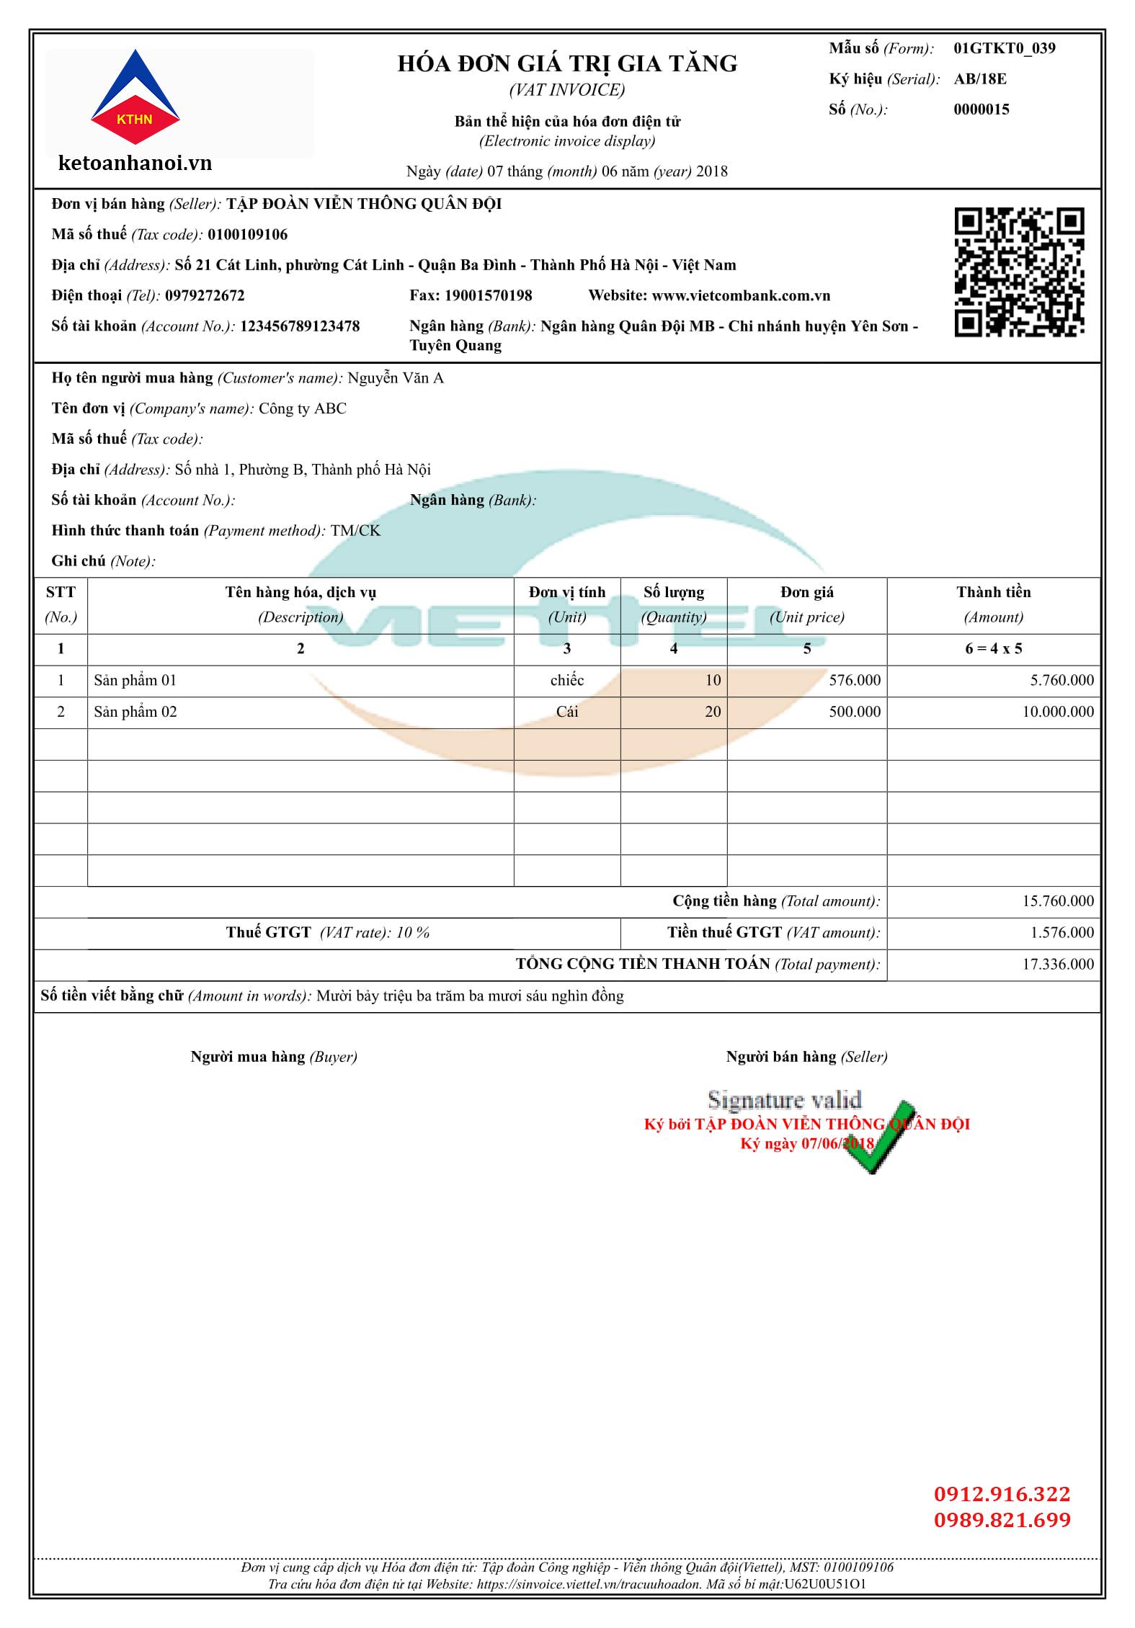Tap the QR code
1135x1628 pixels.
pyautogui.click(x=1019, y=272)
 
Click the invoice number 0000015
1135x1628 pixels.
pyautogui.click(x=981, y=109)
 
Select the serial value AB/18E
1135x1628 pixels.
pyautogui.click(x=979, y=79)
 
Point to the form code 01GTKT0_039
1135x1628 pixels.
pyautogui.click(x=1004, y=48)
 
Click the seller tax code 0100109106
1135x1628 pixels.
pyautogui.click(x=247, y=235)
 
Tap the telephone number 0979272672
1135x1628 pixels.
pyautogui.click(x=205, y=296)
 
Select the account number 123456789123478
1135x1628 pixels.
pyautogui.click(x=299, y=326)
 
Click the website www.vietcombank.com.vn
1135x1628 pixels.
pyautogui.click(x=741, y=296)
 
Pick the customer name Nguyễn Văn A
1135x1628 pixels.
pyautogui.click(x=395, y=378)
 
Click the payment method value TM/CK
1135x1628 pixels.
pyautogui.click(x=355, y=531)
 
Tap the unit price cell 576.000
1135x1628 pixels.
pyautogui.click(x=854, y=680)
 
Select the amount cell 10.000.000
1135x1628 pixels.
pyautogui.click(x=1057, y=712)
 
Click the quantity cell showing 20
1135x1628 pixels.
pyautogui.click(x=712, y=712)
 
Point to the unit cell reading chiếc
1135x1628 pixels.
pyautogui.click(x=567, y=680)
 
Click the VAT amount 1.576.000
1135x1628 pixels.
pyautogui.click(x=1061, y=932)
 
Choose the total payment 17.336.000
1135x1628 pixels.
pyautogui.click(x=1057, y=964)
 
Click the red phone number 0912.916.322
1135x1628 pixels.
pyautogui.click(x=1002, y=1494)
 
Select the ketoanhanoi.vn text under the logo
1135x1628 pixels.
pyautogui.click(x=135, y=164)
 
